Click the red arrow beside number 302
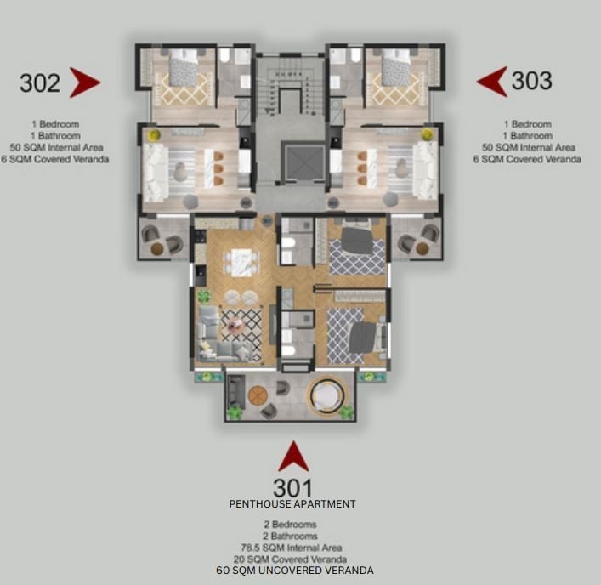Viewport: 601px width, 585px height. point(84,82)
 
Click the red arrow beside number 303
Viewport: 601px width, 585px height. point(491,82)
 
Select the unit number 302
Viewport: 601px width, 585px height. point(40,82)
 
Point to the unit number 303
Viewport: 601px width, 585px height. point(532,81)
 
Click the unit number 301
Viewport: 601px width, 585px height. point(292,488)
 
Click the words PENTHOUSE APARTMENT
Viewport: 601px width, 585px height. point(292,504)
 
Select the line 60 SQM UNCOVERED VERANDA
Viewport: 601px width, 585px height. point(294,571)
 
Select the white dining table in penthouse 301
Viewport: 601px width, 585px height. point(242,258)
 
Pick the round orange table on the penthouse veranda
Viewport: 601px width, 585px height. point(259,395)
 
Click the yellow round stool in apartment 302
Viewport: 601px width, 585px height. point(154,134)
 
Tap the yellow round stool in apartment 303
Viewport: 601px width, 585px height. point(428,134)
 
